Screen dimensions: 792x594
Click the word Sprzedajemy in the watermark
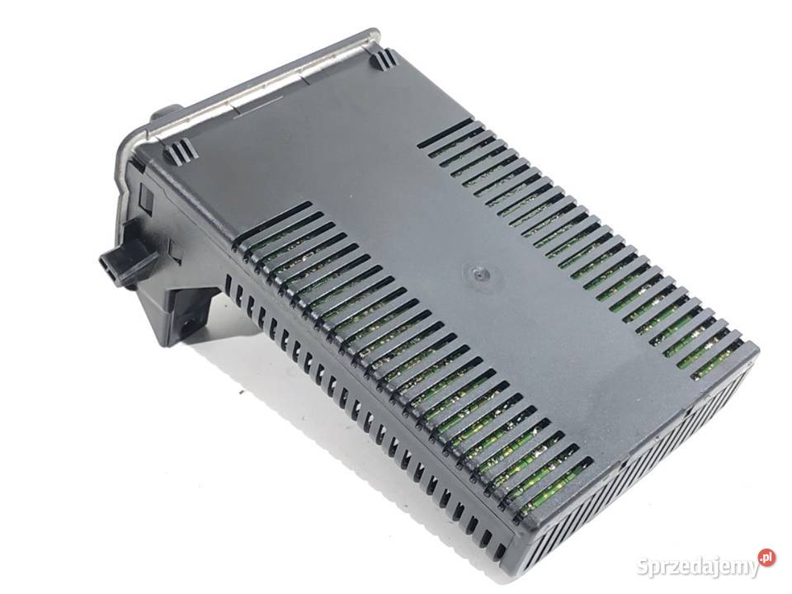(x=698, y=567)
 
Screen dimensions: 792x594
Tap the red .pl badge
(x=766, y=557)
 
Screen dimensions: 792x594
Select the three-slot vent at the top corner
(x=384, y=60)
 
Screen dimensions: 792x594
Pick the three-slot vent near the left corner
(x=178, y=148)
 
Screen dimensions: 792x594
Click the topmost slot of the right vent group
(x=445, y=134)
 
